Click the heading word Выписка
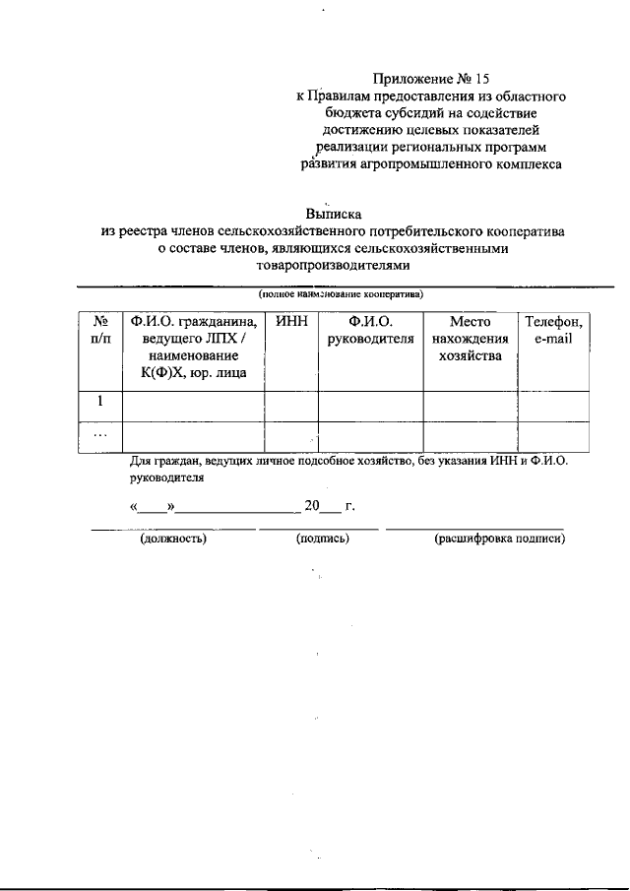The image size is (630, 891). click(334, 213)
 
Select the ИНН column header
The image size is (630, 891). click(290, 322)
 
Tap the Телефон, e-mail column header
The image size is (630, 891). click(553, 330)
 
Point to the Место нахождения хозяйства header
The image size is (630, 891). click(470, 339)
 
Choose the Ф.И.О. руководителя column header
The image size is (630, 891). click(370, 330)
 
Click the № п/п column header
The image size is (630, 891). click(99, 330)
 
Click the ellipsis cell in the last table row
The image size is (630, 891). click(99, 434)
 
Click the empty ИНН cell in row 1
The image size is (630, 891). click(290, 406)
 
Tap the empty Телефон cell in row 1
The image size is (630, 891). click(553, 406)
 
